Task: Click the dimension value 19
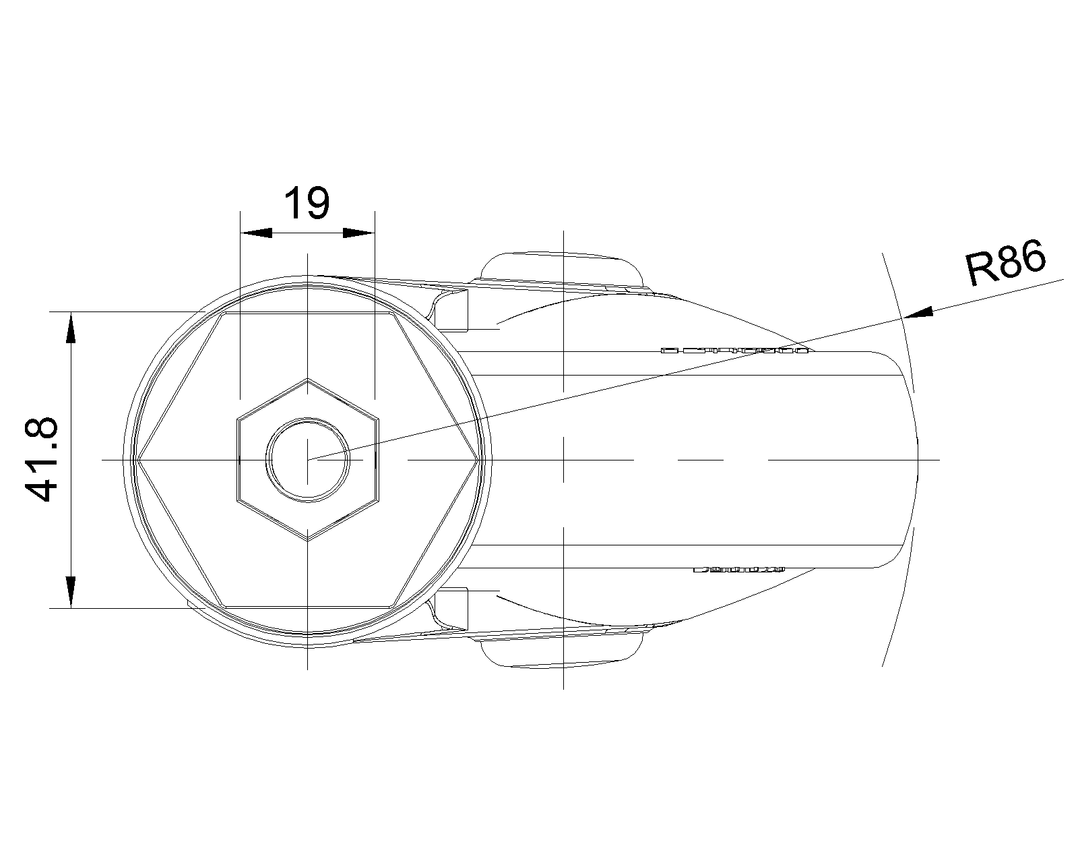(x=307, y=203)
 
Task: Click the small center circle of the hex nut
(x=308, y=459)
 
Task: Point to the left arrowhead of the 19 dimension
(x=256, y=233)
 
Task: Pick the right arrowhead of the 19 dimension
(x=358, y=233)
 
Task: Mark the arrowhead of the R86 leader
(x=917, y=312)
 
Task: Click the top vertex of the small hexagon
(x=308, y=380)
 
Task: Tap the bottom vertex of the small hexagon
(x=308, y=540)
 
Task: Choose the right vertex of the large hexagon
(x=479, y=459)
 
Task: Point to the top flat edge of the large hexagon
(x=308, y=313)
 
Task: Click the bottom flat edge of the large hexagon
(x=308, y=605)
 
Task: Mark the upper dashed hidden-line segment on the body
(x=734, y=351)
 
